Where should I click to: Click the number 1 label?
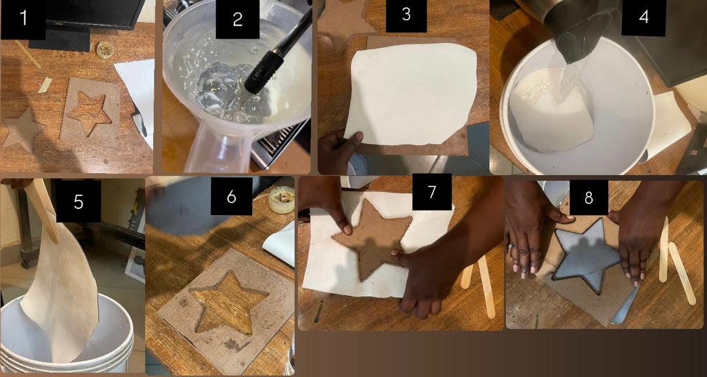(x=23, y=19)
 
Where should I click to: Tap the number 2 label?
(x=238, y=19)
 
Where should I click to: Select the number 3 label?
(x=406, y=15)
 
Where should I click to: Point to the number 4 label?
(x=644, y=17)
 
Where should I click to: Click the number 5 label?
(x=79, y=201)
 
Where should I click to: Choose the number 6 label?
(x=231, y=197)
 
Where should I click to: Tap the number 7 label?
(x=432, y=192)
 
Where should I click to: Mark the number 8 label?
(x=589, y=198)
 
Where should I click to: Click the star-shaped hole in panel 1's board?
(x=89, y=112)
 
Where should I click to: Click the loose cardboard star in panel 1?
(x=22, y=129)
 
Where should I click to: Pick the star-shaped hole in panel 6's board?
(x=229, y=302)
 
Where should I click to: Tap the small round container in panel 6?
(x=281, y=199)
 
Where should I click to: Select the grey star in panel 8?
(x=586, y=255)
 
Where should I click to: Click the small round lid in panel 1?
(x=105, y=50)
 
